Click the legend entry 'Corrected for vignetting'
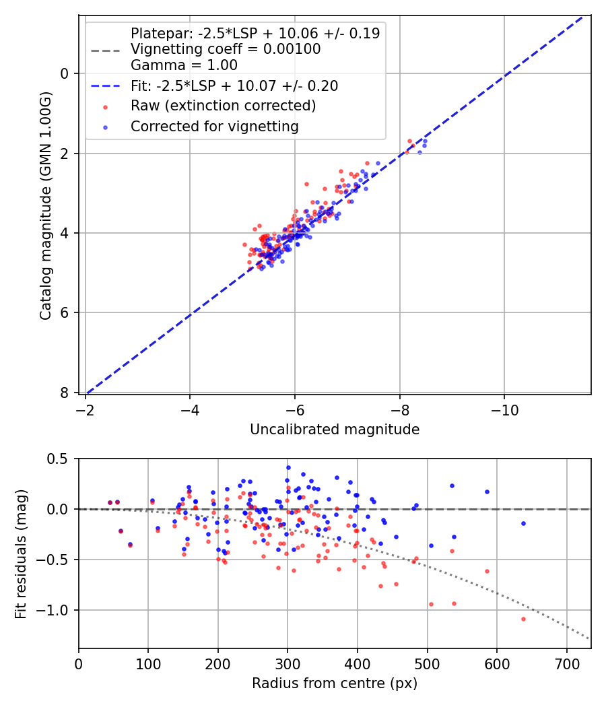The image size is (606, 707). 214,126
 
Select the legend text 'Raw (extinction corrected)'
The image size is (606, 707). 223,106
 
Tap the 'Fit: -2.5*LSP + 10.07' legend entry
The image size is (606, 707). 234,86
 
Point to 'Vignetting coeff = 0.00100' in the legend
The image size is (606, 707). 225,49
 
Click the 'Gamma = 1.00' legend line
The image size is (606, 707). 184,65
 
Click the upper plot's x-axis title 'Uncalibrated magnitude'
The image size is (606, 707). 335,430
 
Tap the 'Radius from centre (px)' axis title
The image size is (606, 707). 335,683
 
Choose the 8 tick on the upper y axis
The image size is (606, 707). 65,393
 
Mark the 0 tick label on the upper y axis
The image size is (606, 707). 65,73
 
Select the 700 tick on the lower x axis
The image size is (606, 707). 566,664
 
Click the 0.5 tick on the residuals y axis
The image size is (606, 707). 60,459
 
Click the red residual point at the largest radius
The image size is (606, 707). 523,619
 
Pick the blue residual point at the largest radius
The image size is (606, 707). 523,523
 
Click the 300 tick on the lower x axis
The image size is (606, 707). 288,664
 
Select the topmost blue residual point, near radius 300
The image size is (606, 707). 288,467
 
